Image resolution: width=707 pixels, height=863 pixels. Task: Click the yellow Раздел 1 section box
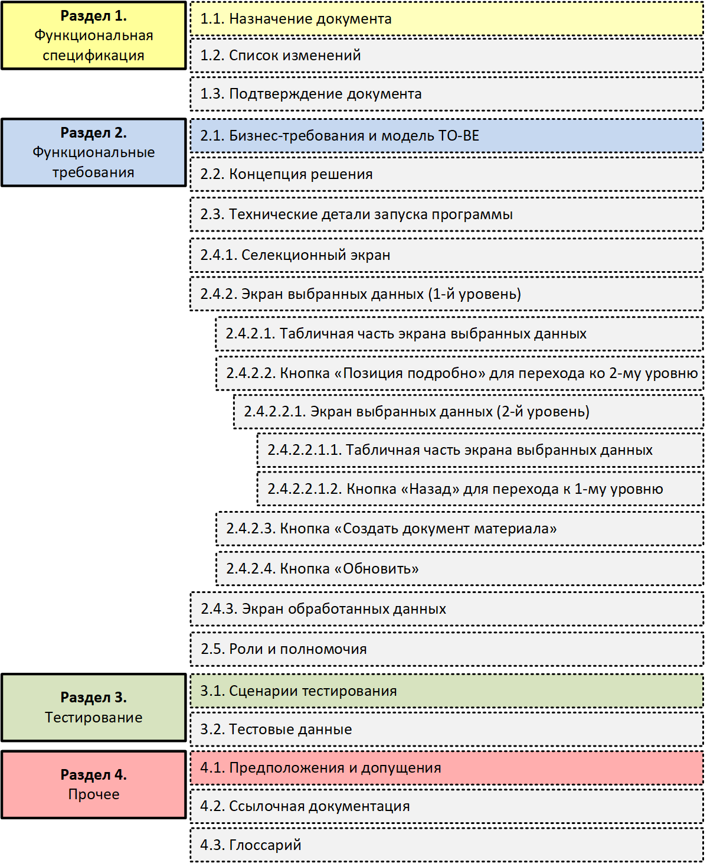pyautogui.click(x=94, y=35)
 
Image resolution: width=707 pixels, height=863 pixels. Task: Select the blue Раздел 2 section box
pyautogui.click(x=94, y=152)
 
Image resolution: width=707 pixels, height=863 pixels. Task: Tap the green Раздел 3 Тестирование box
pyautogui.click(x=94, y=707)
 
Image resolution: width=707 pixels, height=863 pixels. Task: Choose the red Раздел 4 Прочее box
pyautogui.click(x=94, y=784)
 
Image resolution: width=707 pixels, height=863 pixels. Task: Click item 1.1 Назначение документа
pyautogui.click(x=447, y=19)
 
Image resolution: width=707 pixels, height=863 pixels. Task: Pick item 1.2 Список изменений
pyautogui.click(x=447, y=56)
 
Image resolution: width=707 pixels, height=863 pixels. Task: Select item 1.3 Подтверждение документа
pyautogui.click(x=447, y=94)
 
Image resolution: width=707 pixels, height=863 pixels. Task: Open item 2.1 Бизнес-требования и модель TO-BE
pyautogui.click(x=447, y=135)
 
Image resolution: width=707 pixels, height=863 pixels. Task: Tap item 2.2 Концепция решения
pyautogui.click(x=447, y=174)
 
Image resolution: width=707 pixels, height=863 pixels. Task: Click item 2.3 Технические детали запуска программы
pyautogui.click(x=447, y=214)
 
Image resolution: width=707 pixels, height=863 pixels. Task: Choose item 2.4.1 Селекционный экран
pyautogui.click(x=447, y=255)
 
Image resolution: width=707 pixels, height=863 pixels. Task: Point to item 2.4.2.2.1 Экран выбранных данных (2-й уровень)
pyautogui.click(x=469, y=412)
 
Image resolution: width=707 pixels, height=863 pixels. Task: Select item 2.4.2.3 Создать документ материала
pyautogui.click(x=460, y=528)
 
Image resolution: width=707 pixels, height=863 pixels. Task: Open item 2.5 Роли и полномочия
pyautogui.click(x=447, y=649)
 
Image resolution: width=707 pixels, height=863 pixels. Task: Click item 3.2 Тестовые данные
pyautogui.click(x=447, y=729)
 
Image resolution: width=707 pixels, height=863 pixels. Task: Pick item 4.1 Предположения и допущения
pyautogui.click(x=447, y=768)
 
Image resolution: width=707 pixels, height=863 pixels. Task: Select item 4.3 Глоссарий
pyautogui.click(x=447, y=845)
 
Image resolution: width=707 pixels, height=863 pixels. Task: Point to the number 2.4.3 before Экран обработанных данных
pyautogui.click(x=219, y=609)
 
